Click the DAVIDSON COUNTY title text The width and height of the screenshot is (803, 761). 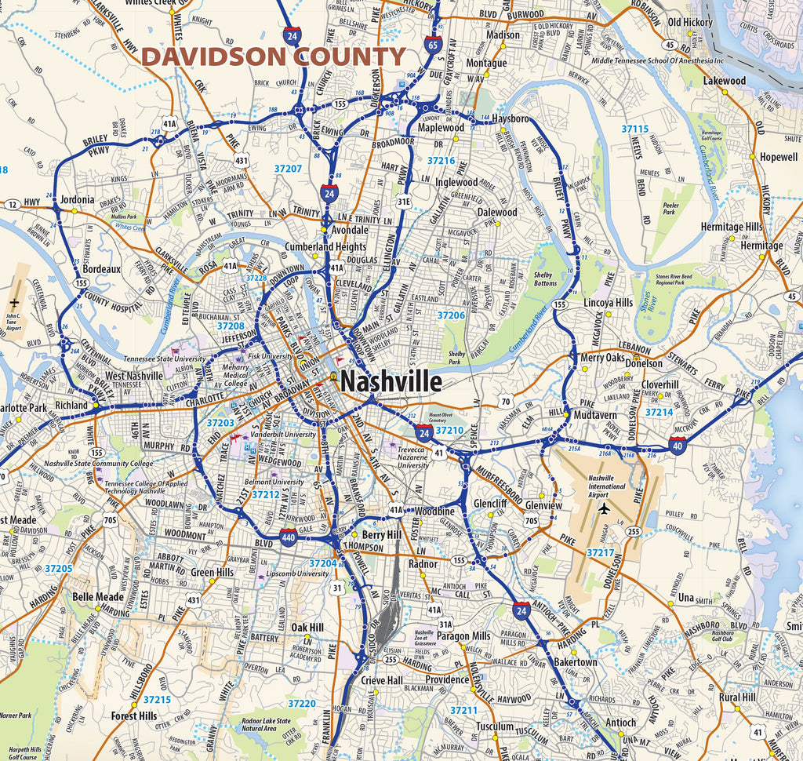273,56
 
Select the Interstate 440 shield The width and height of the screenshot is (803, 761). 288,537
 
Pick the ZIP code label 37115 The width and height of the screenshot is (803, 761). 634,129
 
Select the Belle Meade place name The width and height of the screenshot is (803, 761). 98,597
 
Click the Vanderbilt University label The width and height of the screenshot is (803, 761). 284,435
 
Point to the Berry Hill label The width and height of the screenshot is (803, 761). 383,534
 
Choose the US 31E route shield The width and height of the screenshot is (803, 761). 404,202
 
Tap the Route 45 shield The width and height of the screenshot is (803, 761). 790,296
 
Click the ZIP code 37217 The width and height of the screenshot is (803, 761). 600,553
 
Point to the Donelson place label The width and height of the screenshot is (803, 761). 643,363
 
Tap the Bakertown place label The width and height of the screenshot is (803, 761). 576,662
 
